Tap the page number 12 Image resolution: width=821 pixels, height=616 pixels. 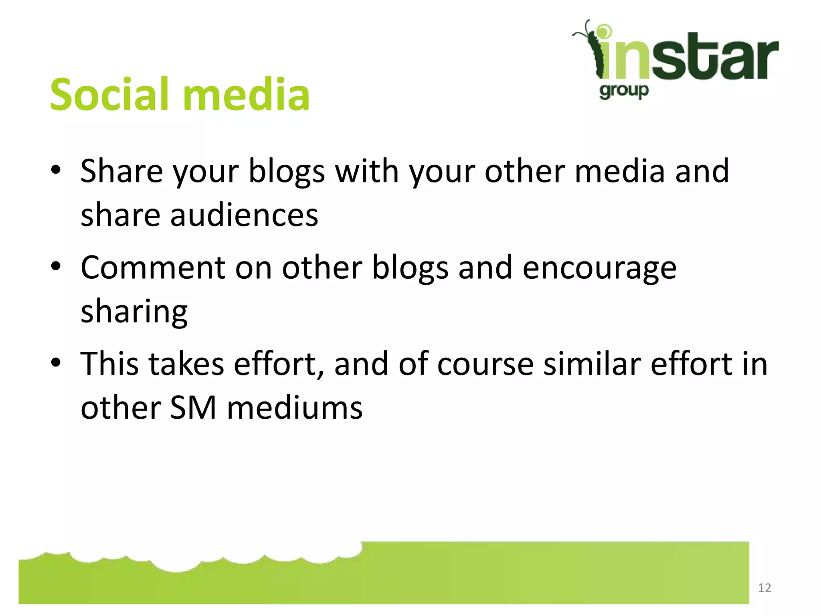tap(764, 588)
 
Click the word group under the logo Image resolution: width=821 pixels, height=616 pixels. tap(624, 91)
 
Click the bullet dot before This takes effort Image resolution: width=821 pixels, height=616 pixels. tap(56, 363)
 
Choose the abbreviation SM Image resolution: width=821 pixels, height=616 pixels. tap(193, 408)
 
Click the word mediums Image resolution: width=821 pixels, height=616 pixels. tap(295, 408)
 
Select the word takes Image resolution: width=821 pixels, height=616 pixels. tap(186, 364)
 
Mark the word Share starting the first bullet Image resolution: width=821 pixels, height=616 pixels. tap(121, 172)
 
